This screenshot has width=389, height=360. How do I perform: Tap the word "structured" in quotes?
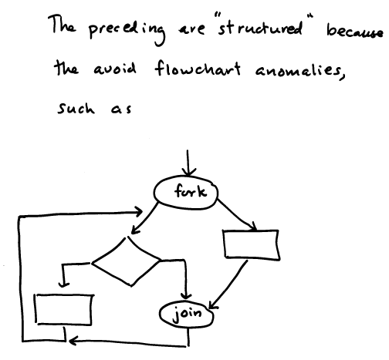pos(260,27)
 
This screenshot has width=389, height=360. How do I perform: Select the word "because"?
pos(356,32)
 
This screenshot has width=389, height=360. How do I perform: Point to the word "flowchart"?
pos(198,68)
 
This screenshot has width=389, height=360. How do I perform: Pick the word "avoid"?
pos(114,69)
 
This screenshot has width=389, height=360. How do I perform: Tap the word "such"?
pos(76,108)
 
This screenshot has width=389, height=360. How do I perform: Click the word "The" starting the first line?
pos(62,25)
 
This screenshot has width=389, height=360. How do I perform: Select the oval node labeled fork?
pos(186,193)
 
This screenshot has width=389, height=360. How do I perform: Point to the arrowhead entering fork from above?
pos(188,173)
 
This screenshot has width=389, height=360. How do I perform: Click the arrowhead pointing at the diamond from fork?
pos(135,230)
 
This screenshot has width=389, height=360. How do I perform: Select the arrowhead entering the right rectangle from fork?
pos(253,227)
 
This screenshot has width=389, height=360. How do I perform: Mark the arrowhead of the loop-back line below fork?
pos(138,212)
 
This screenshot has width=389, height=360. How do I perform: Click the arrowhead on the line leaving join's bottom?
pos(72,341)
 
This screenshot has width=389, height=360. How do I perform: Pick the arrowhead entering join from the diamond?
pos(185,295)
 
